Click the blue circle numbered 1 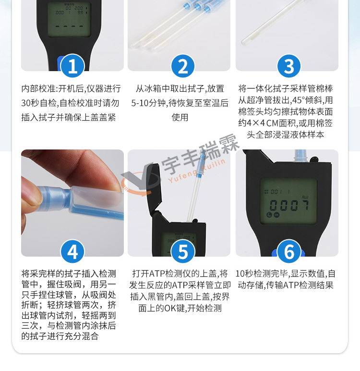tap(72, 66)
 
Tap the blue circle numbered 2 tap(183, 66)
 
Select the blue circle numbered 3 tap(289, 66)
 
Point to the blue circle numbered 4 tap(72, 251)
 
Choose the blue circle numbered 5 tap(183, 251)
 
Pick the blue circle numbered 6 tap(289, 251)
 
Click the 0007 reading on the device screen tap(289, 205)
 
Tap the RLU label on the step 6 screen tap(305, 197)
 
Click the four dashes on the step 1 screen tap(69, 26)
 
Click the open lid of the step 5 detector tap(151, 187)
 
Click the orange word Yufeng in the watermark tap(182, 176)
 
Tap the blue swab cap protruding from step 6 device tap(300, 156)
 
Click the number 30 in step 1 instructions tap(25, 103)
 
